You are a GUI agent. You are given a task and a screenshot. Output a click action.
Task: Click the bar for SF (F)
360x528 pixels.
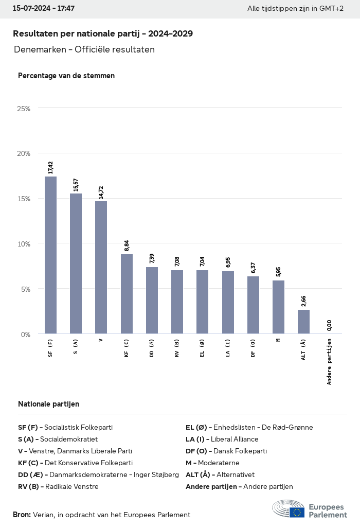[x=50, y=255]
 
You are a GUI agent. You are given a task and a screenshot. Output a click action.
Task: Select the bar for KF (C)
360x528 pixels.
[x=127, y=294]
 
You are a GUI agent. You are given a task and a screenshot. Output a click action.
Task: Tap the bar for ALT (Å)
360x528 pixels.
[x=304, y=322]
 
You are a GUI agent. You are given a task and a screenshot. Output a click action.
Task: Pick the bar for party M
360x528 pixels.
[x=278, y=307]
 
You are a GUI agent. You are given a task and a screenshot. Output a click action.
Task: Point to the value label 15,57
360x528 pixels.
[x=76, y=185]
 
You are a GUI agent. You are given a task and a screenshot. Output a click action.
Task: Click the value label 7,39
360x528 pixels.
[x=152, y=259]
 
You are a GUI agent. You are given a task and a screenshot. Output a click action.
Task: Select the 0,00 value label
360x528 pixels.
[x=329, y=325]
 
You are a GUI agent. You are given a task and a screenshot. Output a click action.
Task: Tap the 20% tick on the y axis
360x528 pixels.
[x=24, y=153]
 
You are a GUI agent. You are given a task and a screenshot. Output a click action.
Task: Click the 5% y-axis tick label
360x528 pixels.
[x=25, y=289]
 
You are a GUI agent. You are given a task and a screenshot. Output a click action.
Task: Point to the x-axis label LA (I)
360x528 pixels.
[x=228, y=348]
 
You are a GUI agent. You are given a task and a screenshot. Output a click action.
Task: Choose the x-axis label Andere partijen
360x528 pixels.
[x=329, y=362]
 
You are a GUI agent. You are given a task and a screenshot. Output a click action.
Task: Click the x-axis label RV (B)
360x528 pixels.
[x=177, y=348]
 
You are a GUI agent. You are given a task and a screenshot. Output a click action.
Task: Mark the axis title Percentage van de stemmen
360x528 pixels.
[x=66, y=76]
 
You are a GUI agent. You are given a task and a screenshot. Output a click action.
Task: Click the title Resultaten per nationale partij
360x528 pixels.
[x=103, y=34]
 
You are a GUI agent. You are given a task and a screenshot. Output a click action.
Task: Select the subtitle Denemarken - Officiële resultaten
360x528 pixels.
[x=84, y=50]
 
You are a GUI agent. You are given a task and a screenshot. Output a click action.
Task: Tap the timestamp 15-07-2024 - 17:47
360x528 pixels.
[x=44, y=9]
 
